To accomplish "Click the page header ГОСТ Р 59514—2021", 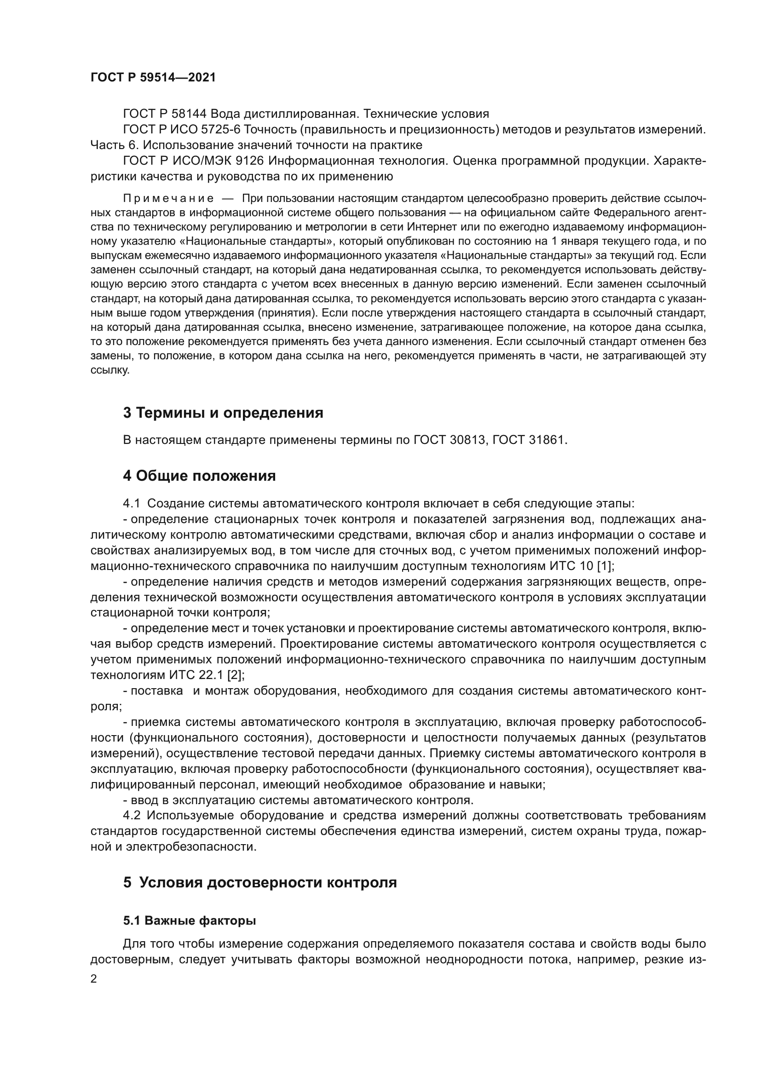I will (x=153, y=78).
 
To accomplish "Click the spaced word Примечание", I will (x=168, y=198).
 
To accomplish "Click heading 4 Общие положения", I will (x=199, y=476).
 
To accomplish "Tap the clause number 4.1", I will (x=131, y=504).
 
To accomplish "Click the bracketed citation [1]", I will (x=604, y=566).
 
